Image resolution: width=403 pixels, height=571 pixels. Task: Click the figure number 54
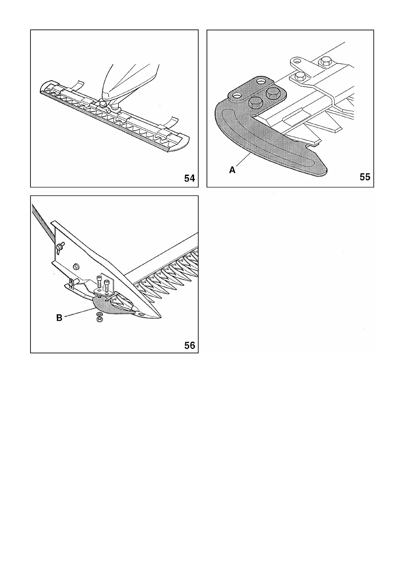190,178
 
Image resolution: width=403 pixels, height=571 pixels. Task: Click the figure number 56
190,345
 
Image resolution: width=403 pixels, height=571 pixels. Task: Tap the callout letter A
232,170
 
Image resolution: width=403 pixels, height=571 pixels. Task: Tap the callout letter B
59,318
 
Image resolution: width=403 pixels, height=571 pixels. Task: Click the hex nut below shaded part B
100,320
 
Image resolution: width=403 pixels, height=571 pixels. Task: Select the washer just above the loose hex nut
99,315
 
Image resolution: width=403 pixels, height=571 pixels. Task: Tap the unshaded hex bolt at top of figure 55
326,62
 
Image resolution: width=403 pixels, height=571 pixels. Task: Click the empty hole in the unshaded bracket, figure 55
297,62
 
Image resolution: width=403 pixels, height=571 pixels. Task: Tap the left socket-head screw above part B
100,282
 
